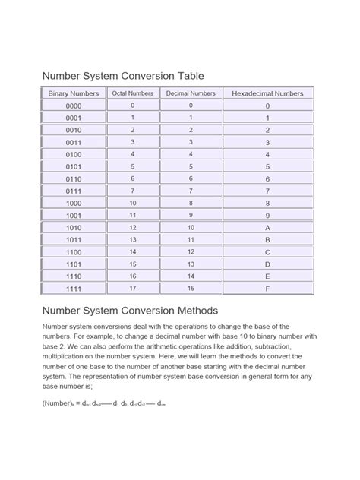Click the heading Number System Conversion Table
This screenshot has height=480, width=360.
point(122,75)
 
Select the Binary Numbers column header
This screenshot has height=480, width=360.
point(74,93)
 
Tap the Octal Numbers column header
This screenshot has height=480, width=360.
point(133,93)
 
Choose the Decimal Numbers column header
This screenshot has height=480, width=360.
point(191,93)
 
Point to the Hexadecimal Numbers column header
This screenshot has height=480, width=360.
point(267,93)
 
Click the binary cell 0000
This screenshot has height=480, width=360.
point(74,106)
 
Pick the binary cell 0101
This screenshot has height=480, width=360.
point(74,166)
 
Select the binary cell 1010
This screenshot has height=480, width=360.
point(74,228)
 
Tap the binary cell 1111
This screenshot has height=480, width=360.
point(74,289)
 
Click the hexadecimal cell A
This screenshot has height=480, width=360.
point(267,228)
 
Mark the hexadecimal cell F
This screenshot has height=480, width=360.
point(267,289)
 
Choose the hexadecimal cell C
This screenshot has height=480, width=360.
point(267,252)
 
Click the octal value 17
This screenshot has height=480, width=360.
point(133,289)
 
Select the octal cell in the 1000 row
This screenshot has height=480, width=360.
point(133,203)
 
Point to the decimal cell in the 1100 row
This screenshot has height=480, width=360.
point(191,251)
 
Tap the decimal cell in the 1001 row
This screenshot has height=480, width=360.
point(191,215)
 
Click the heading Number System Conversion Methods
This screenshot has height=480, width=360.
point(130,311)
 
